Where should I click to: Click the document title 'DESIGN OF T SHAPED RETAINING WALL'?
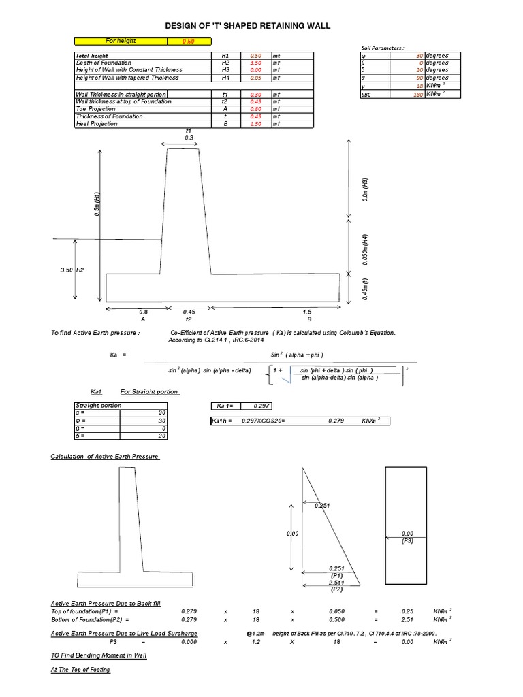click(248, 25)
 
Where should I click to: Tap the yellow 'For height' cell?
click(121, 41)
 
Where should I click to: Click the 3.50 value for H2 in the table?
click(256, 63)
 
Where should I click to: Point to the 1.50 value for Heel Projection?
click(256, 124)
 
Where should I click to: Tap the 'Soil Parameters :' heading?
click(383, 48)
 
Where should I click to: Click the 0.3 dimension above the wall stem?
click(189, 137)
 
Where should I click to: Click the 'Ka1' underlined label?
click(97, 392)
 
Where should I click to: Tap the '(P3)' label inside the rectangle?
click(407, 540)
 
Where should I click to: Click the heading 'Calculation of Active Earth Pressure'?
click(105, 456)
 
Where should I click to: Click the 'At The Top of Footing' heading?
click(80, 670)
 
